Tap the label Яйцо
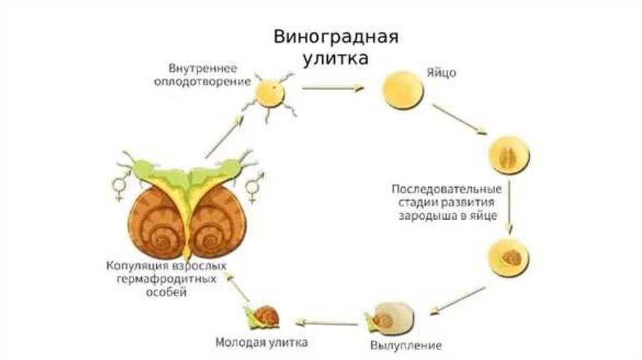(445, 73)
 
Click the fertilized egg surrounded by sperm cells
(270, 94)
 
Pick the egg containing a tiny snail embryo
(509, 257)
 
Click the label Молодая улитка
(261, 343)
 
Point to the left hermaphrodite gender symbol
(118, 187)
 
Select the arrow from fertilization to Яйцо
(332, 88)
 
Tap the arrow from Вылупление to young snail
(327, 322)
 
